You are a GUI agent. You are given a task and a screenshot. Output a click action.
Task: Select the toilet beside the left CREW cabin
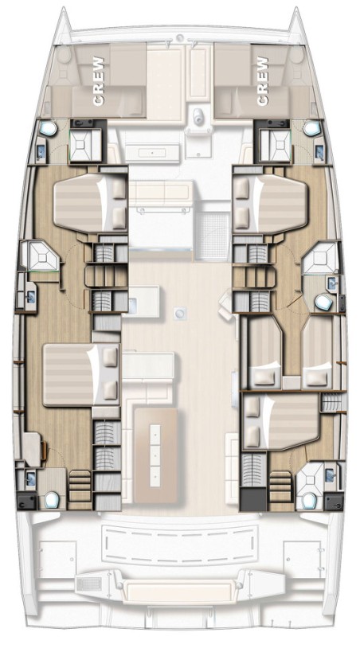(46, 127)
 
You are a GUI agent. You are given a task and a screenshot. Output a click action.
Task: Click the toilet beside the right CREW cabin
(311, 127)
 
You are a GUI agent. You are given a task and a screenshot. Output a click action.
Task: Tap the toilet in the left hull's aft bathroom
(52, 499)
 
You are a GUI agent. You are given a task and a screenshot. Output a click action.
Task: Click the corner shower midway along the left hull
(37, 257)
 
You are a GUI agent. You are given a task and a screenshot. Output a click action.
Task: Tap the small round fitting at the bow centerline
(181, 37)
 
